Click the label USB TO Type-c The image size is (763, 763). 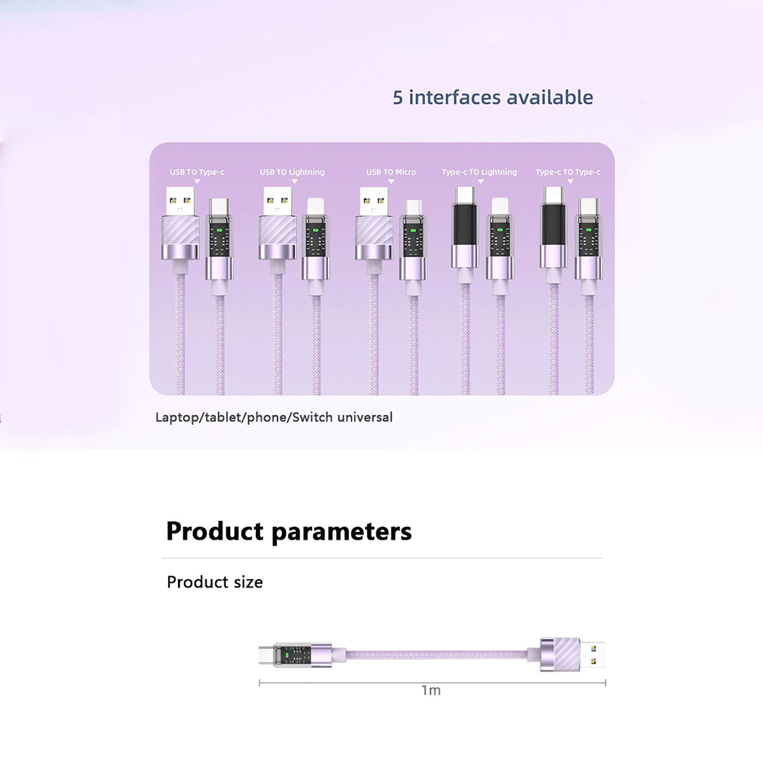coord(197,172)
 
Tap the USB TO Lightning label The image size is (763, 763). coord(292,172)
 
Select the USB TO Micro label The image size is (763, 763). coord(391,172)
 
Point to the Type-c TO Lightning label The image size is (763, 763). coord(479,172)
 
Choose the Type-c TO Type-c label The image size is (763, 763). coord(568,172)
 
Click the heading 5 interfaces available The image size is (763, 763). coord(493,97)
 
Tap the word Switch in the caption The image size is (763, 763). coord(312,417)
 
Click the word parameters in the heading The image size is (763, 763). coord(341,532)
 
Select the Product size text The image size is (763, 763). coord(215,582)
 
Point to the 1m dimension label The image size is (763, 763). coord(431,691)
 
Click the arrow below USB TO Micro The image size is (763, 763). coord(391,181)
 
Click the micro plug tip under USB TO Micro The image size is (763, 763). coord(413,207)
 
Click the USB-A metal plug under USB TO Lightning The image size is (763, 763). coord(278,201)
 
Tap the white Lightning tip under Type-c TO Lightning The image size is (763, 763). coord(500,206)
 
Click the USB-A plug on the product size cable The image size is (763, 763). coord(593,655)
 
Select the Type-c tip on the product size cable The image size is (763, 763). coord(266,655)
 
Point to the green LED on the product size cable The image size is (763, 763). coord(287,655)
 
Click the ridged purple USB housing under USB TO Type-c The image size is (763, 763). coord(180,231)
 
